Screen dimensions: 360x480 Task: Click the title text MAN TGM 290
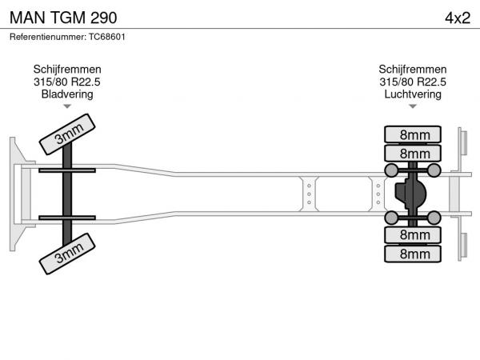point(56,18)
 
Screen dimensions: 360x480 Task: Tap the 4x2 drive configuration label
point(456,18)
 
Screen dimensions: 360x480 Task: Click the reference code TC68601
point(106,37)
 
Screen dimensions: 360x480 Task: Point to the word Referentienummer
point(47,37)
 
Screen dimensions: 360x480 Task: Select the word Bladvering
point(67,94)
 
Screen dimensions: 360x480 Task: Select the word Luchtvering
point(413,94)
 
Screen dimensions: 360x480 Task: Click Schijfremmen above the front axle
point(67,70)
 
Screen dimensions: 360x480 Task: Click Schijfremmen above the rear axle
point(413,70)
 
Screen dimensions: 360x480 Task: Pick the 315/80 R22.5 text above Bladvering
point(67,82)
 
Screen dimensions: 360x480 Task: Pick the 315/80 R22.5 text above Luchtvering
point(413,82)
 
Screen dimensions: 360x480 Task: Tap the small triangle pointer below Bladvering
point(67,106)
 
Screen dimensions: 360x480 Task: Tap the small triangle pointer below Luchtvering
point(413,106)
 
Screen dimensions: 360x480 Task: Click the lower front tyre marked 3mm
point(68,253)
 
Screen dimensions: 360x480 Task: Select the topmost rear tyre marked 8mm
point(414,134)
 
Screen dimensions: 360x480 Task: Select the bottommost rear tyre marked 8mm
point(414,254)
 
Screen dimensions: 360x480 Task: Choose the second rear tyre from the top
point(414,153)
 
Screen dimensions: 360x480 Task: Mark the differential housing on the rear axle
point(410,194)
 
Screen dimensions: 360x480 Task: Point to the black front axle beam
point(68,194)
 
